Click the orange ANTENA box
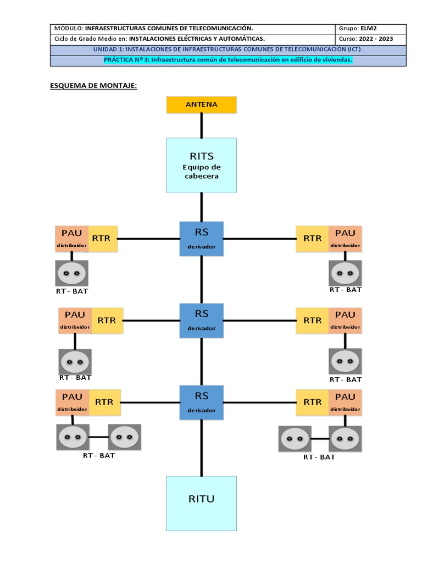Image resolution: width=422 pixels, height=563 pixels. click(201, 105)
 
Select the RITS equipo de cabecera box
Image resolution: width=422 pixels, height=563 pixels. click(201, 165)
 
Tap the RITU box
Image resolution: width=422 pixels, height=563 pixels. click(201, 504)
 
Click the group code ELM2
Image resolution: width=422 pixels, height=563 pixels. click(369, 29)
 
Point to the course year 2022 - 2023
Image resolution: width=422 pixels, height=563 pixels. click(376, 39)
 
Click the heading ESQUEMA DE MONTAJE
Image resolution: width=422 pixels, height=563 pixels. click(93, 86)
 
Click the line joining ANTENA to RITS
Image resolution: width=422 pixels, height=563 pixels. click(201, 126)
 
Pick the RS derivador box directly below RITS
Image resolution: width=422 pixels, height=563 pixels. click(201, 239)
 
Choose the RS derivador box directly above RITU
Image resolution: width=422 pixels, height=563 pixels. click(201, 402)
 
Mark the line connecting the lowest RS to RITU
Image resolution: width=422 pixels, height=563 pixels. click(201, 448)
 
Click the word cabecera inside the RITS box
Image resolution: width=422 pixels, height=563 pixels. click(201, 176)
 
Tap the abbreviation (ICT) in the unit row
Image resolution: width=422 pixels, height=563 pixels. click(355, 49)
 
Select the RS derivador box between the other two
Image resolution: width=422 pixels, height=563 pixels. click(201, 321)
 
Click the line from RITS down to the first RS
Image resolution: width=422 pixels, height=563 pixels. click(201, 207)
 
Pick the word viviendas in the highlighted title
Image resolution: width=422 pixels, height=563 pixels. click(337, 60)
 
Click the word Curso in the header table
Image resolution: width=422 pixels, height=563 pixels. click(347, 39)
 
